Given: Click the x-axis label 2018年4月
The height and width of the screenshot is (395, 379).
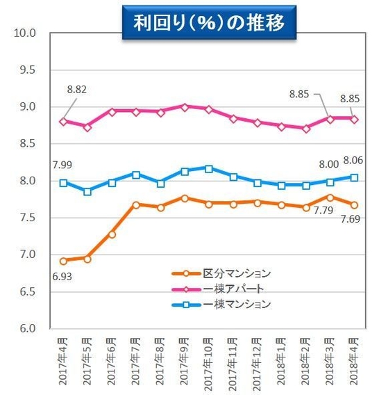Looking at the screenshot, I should tap(355, 359).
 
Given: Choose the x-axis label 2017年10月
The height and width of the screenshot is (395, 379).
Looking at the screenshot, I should tap(209, 357).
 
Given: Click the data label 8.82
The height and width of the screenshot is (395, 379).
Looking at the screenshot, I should tap(77, 90).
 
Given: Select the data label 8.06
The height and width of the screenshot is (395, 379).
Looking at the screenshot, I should tap(354, 160).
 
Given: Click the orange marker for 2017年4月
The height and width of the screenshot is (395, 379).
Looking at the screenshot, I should tap(64, 261).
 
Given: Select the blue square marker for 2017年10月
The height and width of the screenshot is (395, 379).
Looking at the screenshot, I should tap(209, 168).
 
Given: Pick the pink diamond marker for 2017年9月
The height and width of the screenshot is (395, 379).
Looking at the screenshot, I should tap(185, 107).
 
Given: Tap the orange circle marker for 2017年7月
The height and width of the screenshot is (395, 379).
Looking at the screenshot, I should tap(136, 205).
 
